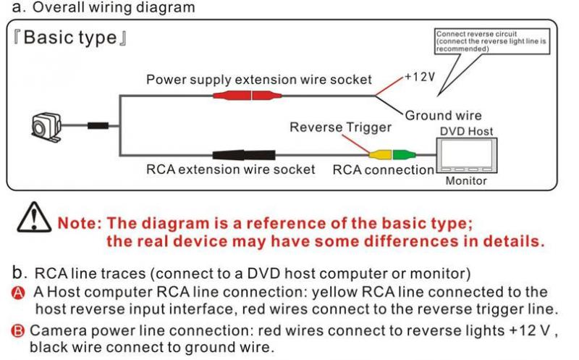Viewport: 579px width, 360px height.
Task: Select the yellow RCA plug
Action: pyautogui.click(x=379, y=154)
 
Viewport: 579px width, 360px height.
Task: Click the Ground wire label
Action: pyautogui.click(x=443, y=115)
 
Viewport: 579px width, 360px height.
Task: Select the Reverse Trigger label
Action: pyautogui.click(x=340, y=127)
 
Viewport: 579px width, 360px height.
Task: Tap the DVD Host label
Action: pyautogui.click(x=467, y=131)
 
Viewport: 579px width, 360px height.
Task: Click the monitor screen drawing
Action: pyautogui.click(x=465, y=154)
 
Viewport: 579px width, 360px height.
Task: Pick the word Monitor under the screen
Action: pyautogui.click(x=465, y=180)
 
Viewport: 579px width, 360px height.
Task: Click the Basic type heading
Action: pyautogui.click(x=69, y=38)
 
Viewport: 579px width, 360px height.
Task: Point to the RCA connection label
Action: pyautogui.click(x=383, y=170)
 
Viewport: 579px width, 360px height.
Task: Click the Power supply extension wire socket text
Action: pyautogui.click(x=259, y=79)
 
